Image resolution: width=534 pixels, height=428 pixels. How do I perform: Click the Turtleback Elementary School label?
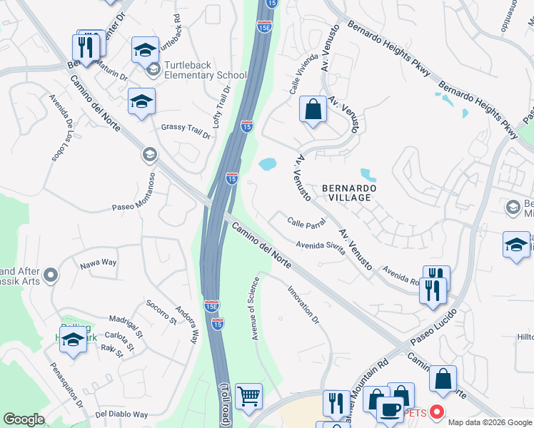[x=206, y=70]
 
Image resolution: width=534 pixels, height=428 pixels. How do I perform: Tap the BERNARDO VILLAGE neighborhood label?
[x=347, y=193]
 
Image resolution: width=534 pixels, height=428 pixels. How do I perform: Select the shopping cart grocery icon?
[x=248, y=397]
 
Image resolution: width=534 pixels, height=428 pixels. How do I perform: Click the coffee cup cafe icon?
[x=390, y=410]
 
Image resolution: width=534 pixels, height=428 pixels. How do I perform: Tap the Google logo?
[x=24, y=419]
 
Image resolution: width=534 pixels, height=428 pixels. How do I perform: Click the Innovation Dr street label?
[x=303, y=305]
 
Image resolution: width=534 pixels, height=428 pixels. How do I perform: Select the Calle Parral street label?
[x=306, y=223]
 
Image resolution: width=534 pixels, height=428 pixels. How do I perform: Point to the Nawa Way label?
[x=98, y=263]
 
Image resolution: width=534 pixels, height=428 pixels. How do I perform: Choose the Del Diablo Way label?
[x=121, y=414]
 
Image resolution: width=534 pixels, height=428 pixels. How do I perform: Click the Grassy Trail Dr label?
[x=186, y=131]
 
